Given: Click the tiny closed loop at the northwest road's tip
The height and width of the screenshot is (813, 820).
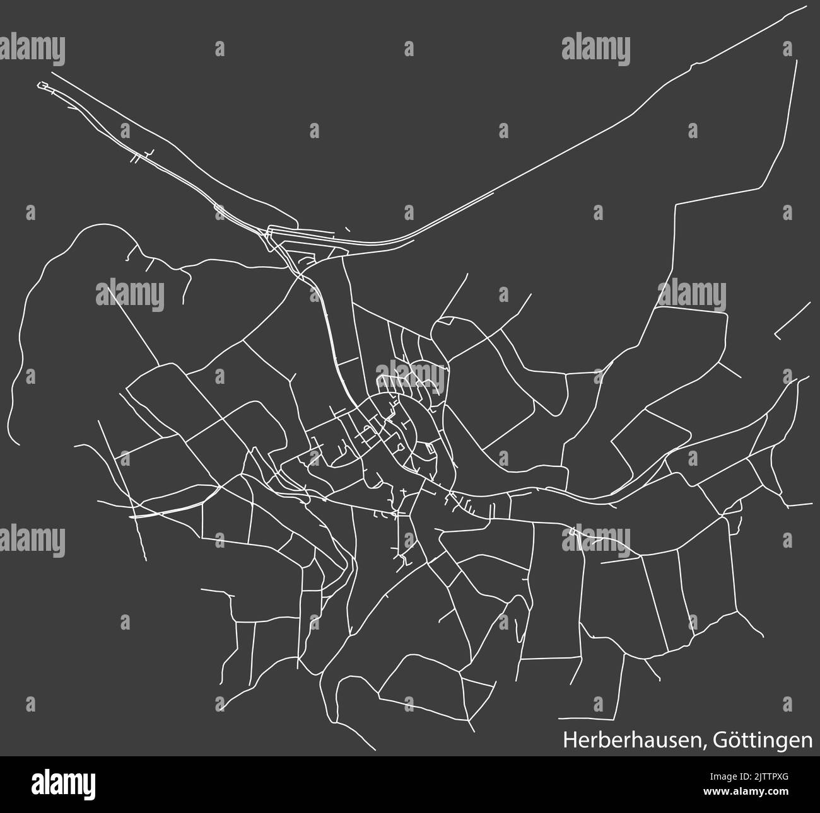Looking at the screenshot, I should pos(44,85).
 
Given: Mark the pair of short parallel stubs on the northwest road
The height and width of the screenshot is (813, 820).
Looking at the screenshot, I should pos(134,159).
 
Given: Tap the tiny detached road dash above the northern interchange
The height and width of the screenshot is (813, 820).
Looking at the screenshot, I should pos(347,229).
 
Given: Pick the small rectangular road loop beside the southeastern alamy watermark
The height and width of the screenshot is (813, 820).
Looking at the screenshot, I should pos(574,533).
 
